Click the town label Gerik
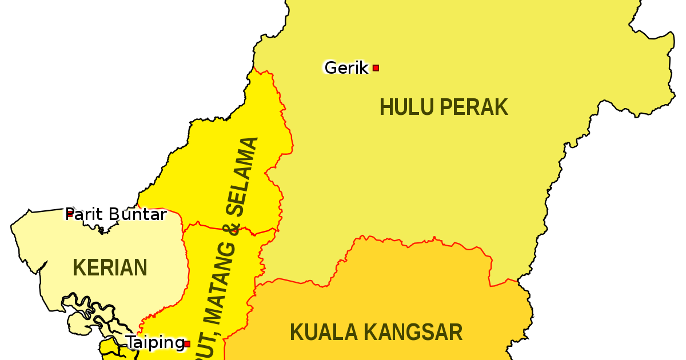[x=346, y=68]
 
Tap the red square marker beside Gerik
[x=376, y=68]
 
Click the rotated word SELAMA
[x=245, y=174]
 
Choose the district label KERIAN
[x=110, y=267]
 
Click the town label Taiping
[x=155, y=343]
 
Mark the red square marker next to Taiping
[x=187, y=344]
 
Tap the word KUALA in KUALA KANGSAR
[x=324, y=332]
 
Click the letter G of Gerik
[x=330, y=68]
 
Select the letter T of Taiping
[x=130, y=342]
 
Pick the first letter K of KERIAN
[x=78, y=267]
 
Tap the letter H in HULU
[x=386, y=107]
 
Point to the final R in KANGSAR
[x=456, y=332]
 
